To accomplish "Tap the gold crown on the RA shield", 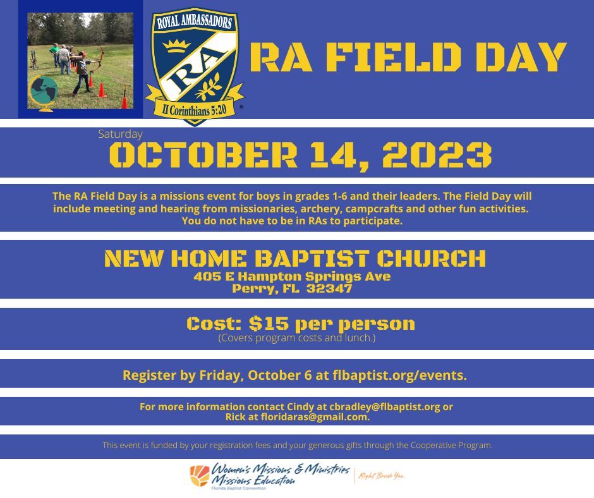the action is (176, 46).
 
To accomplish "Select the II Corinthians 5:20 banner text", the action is (194, 110).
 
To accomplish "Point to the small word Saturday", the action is (120, 134).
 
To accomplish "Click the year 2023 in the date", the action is (437, 155).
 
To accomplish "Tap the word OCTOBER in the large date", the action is (203, 155).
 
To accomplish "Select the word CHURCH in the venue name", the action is (431, 258).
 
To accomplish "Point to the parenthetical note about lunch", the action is (296, 337).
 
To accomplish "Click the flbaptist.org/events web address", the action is (399, 375).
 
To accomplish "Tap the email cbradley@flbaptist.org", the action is (384, 406).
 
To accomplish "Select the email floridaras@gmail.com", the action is (315, 417).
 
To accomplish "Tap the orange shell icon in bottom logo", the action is (200, 475).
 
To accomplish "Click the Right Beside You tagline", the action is (382, 476).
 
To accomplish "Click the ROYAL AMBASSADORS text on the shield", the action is (195, 22).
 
